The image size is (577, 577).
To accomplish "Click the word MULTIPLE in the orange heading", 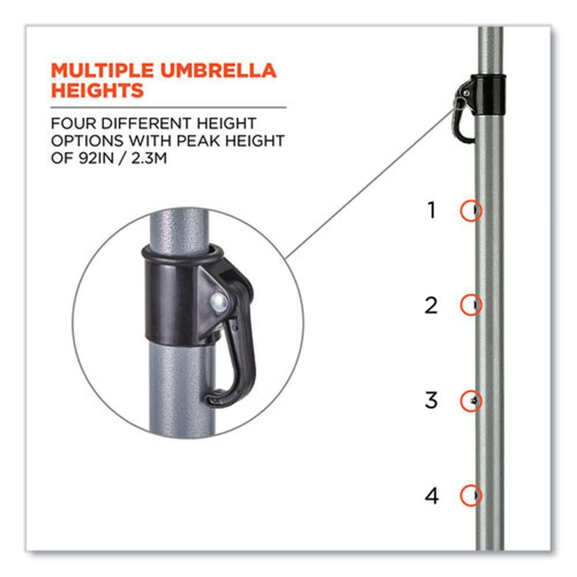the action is [x=102, y=70].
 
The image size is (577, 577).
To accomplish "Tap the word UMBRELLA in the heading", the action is [x=219, y=70].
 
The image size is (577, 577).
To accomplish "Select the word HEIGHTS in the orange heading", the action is [x=97, y=90].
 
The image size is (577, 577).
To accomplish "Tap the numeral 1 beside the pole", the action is [x=432, y=211].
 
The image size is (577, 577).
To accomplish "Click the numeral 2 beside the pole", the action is [x=431, y=305].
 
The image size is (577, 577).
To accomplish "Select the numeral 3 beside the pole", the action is [x=431, y=400].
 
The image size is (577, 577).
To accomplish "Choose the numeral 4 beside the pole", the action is [x=432, y=496].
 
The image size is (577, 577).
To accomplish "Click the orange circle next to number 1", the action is [x=460, y=211].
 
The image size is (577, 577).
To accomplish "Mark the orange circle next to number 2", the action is [x=460, y=305].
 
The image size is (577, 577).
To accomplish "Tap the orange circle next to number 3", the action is [x=460, y=401].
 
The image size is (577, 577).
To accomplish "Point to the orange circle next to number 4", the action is [x=460, y=495].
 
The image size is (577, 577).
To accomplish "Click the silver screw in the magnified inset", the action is [x=219, y=303].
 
